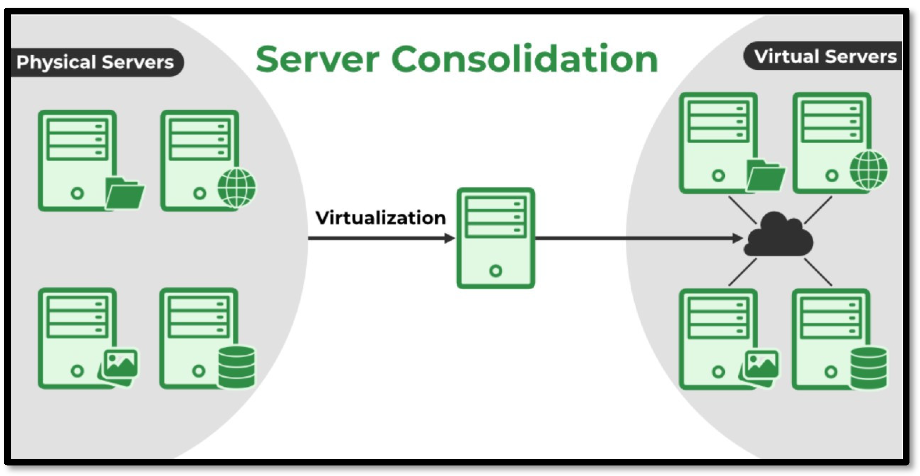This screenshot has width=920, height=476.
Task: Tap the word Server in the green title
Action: (317, 60)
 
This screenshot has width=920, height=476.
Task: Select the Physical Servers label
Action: (95, 62)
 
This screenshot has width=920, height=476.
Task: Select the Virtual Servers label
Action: (825, 57)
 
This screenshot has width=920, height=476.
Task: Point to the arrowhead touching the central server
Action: (449, 238)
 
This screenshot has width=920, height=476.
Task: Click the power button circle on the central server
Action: (496, 271)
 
